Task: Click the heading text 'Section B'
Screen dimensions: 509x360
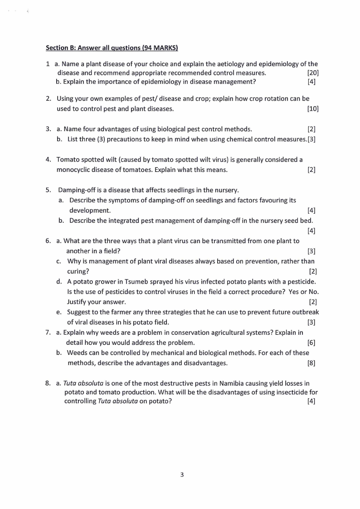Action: pos(60,48)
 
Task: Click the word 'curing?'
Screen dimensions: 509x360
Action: pos(78,271)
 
